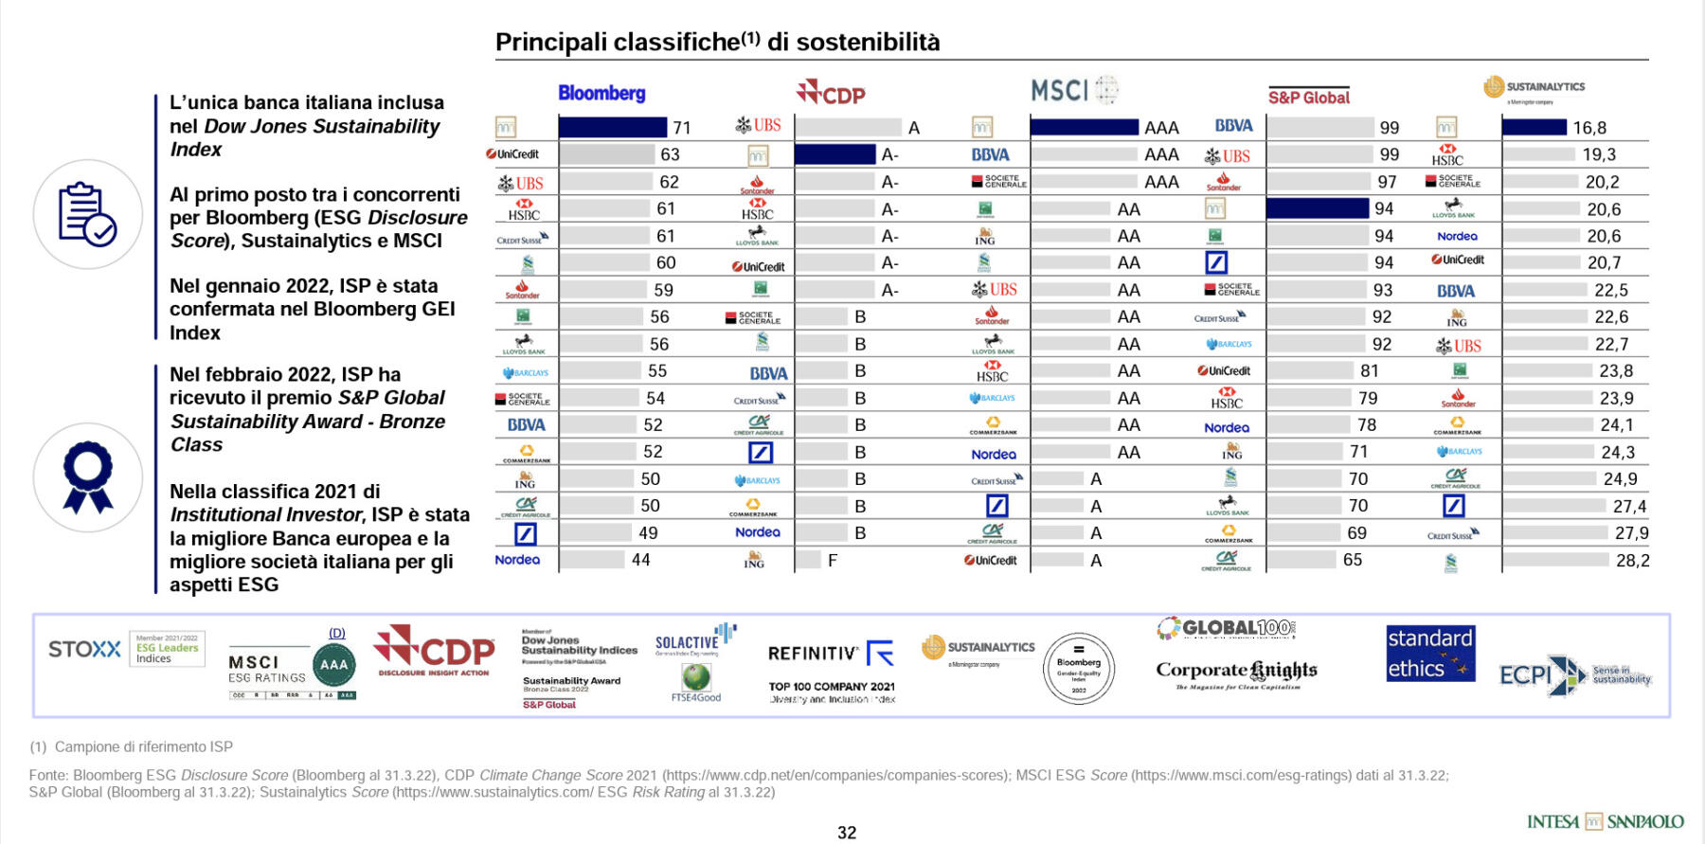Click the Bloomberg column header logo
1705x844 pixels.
601,93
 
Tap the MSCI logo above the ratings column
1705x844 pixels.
1073,90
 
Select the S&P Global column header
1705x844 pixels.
1308,97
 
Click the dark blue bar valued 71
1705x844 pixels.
612,127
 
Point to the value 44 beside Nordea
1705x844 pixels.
640,560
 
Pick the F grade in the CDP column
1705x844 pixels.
832,561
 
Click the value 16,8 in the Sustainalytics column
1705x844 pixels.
1588,128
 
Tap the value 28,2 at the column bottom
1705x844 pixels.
1631,561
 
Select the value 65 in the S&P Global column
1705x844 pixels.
1352,560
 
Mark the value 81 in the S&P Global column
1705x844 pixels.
1369,371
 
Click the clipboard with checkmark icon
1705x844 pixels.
87,214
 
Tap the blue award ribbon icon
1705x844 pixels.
87,476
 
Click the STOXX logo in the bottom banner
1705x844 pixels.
84,650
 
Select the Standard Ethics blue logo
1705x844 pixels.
1430,654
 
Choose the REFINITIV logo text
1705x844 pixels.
813,654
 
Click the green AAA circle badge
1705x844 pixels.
333,664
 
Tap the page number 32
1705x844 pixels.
847,833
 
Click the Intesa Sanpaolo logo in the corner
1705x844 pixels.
1605,821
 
